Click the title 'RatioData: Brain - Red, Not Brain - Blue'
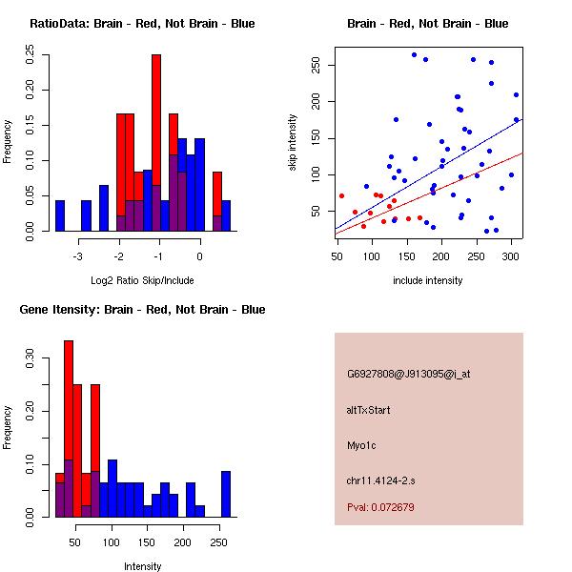pyautogui.click(x=142, y=24)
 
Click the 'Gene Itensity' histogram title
pyautogui.click(x=142, y=310)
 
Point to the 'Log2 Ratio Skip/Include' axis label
pyautogui.click(x=142, y=280)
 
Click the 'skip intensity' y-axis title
pyautogui.click(x=293, y=143)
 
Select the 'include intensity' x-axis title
pyautogui.click(x=428, y=280)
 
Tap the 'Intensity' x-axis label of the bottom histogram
pyautogui.click(x=142, y=566)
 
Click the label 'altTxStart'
pyautogui.click(x=369, y=410)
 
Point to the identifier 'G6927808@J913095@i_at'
pyautogui.click(x=409, y=374)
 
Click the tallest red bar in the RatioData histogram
pyautogui.click(x=156, y=143)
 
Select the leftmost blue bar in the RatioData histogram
pyautogui.click(x=60, y=215)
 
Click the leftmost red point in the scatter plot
pyautogui.click(x=341, y=196)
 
